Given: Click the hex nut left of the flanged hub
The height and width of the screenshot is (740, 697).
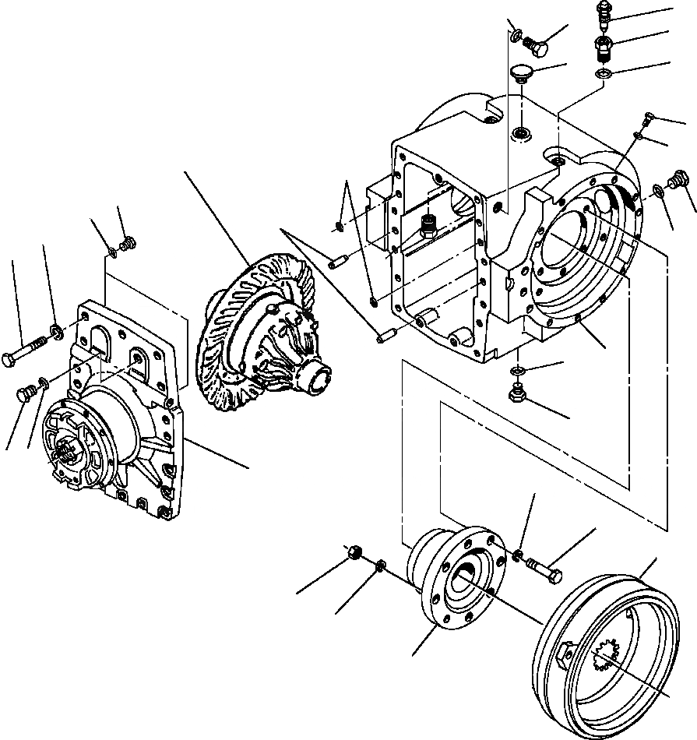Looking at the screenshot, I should [354, 554].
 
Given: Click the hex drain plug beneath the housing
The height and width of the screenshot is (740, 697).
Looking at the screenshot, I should [516, 394].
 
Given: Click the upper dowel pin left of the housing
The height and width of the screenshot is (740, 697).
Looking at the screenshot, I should [336, 263].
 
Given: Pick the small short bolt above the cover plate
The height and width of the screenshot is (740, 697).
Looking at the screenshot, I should [128, 244].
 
